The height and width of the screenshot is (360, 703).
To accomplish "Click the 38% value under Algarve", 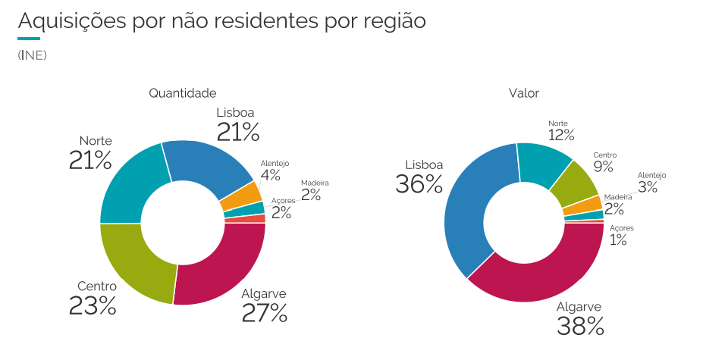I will pos(580,326).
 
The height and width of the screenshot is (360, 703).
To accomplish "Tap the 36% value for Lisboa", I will pos(419,184).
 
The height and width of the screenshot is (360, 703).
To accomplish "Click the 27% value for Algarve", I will pos(265,312).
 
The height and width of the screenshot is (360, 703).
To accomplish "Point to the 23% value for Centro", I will pos(93,305).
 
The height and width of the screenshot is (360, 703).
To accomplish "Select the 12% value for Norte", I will pos(560,136).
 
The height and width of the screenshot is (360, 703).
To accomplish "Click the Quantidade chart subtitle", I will pos(183,93).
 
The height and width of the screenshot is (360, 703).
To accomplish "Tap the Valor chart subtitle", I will pos(523,93).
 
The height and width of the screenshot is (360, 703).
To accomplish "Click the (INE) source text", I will pos(32,55).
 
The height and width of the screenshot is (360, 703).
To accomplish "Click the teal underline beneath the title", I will pos(28,38).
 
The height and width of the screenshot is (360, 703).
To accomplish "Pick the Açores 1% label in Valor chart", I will pos(619,236).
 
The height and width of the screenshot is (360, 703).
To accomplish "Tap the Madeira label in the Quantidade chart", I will pos(315,183).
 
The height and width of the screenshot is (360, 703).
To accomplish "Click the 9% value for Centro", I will pos(604,167).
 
